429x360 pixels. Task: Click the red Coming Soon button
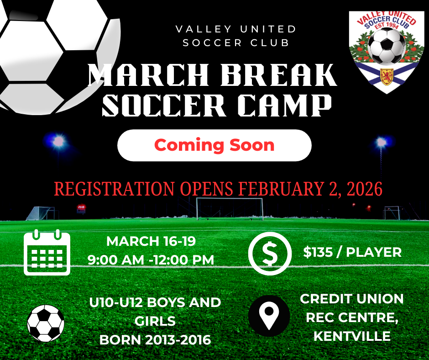(214, 145)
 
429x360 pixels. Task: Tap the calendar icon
(47, 252)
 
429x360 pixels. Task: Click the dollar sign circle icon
(270, 254)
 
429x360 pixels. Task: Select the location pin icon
(269, 316)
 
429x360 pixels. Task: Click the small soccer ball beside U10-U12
(46, 323)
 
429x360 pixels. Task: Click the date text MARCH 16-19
(151, 241)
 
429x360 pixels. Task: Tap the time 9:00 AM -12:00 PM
(151, 260)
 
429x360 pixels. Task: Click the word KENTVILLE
(352, 336)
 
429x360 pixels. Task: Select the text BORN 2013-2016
(155, 340)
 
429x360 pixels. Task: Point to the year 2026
(365, 189)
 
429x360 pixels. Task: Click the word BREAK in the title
(278, 75)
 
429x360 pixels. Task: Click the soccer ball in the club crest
(386, 46)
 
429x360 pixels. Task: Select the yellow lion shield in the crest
(387, 76)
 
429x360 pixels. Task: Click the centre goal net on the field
(230, 209)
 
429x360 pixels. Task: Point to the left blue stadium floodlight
(58, 141)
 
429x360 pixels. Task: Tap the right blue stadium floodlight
(381, 142)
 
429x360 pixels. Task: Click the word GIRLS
(155, 321)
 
